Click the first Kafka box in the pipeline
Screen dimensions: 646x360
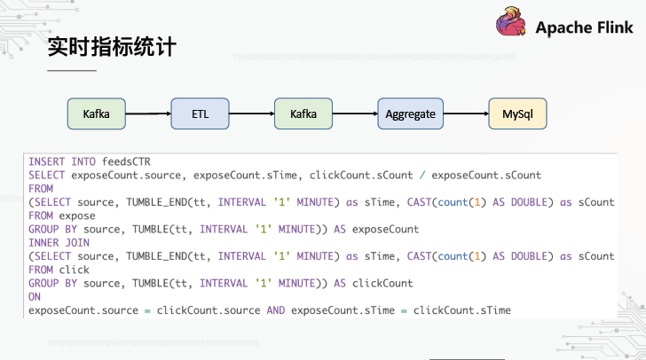[x=97, y=113]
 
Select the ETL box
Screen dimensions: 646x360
[x=200, y=113]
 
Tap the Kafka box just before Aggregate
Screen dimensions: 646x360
[x=303, y=113]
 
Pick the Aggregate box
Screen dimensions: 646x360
[x=410, y=113]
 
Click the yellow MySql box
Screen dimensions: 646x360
[x=517, y=113]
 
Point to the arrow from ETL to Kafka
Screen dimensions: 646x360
[x=252, y=113]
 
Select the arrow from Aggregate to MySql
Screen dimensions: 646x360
[x=466, y=113]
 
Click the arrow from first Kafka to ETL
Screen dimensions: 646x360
[x=148, y=113]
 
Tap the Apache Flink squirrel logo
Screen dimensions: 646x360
[x=511, y=21]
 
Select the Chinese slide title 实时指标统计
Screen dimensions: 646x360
[x=112, y=46]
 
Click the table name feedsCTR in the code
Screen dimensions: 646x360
[x=126, y=161]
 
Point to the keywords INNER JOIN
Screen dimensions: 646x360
[x=59, y=243]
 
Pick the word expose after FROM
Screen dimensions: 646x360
[x=77, y=215]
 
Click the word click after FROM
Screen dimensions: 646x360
[x=75, y=270]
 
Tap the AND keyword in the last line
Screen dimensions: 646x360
[x=276, y=310]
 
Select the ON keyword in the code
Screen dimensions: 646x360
[x=35, y=297]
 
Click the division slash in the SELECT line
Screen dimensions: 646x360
[x=422, y=176]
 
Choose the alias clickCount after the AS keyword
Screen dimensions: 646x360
[x=382, y=284]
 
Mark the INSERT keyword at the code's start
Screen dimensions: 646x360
[x=46, y=161]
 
